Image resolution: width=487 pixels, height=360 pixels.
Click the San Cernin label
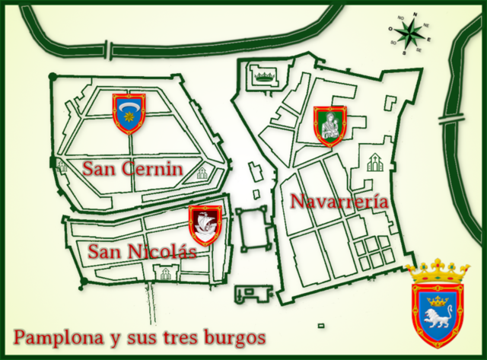tap(132, 168)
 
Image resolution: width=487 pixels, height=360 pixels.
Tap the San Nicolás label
tap(142, 251)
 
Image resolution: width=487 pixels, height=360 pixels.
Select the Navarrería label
tap(339, 202)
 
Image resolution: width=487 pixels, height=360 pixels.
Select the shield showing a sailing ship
tap(205, 225)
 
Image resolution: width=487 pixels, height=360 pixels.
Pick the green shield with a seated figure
tap(330, 125)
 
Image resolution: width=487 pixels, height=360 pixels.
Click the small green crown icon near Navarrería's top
tap(265, 75)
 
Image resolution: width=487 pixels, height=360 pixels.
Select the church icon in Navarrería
tap(375, 161)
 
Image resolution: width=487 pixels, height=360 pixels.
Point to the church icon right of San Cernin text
tap(202, 173)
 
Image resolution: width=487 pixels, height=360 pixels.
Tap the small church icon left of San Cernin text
tap(61, 165)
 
